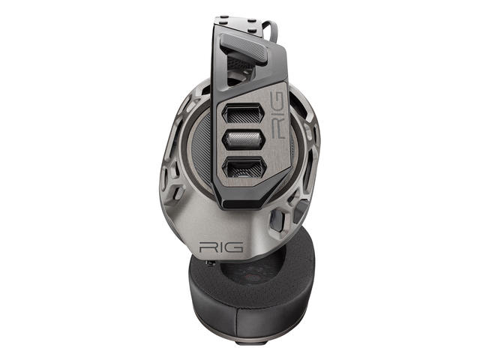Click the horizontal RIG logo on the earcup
coord(220,247)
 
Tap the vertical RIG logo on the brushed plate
coord(277,115)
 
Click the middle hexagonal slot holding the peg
coord(242,140)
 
